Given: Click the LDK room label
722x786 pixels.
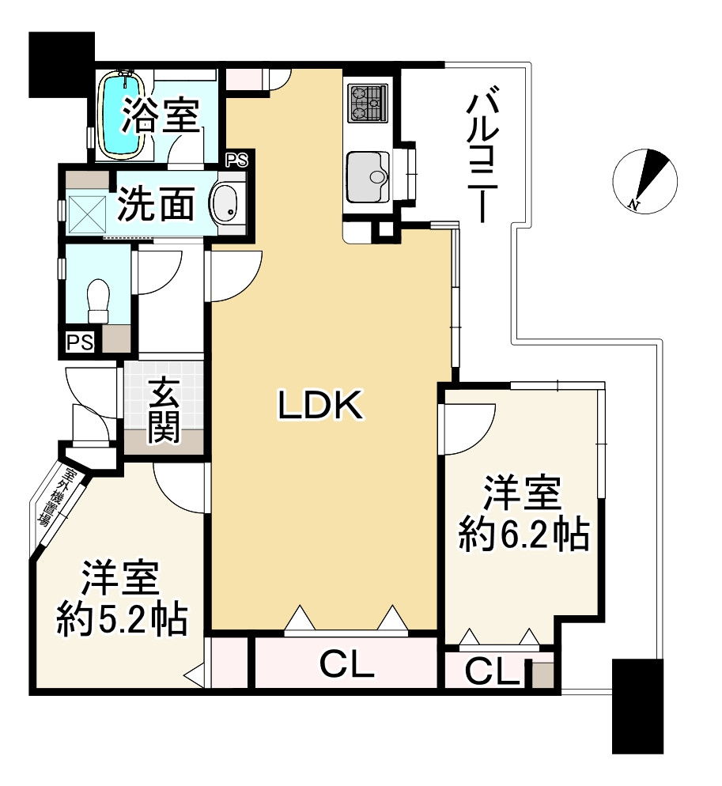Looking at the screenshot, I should pos(319,406).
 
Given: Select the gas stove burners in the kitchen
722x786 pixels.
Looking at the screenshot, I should pos(368,102).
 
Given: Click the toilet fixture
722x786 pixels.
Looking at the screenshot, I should pos(98,301).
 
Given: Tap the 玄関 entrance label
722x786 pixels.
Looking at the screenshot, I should pos(164,410).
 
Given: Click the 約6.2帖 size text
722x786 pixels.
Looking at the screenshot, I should pos(524,537).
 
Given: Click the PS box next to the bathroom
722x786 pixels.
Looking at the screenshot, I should pos(236,161).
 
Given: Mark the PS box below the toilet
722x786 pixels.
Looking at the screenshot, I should pos(80,342).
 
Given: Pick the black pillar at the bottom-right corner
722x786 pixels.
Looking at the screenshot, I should pos(637,706).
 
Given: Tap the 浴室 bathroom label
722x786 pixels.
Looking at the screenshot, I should pos(160,117).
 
